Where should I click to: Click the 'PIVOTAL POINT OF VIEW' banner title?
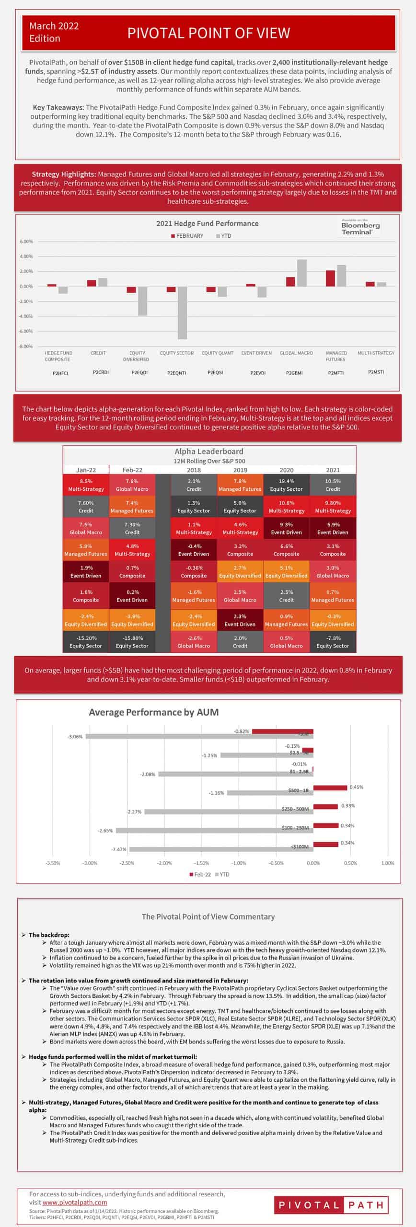pos(208,33)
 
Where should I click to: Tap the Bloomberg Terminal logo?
pos(360,227)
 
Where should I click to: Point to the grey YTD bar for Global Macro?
pos(302,273)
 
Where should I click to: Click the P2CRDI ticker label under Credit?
pos(100,372)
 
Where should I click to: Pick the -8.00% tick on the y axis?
pos(26,346)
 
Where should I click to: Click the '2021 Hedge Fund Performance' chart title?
pos(207,223)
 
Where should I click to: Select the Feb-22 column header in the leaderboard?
pos(132,470)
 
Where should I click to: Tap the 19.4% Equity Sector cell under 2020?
pos(286,485)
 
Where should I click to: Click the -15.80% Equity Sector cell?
pos(132,642)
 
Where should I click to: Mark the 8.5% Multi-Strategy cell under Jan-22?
pos(86,485)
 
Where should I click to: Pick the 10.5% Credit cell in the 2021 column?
pos(333,485)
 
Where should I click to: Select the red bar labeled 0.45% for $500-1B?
pos(330,787)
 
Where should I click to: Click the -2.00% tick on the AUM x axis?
pos(164,863)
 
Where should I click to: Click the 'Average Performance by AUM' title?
pos(153,712)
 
